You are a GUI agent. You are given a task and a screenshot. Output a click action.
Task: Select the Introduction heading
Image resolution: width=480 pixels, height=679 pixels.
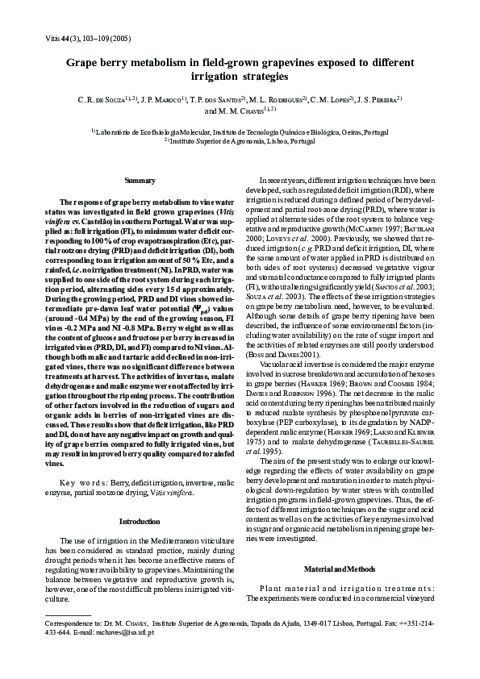point(140,522)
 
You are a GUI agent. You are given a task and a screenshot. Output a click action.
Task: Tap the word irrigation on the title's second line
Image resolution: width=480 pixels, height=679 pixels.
point(213,77)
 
